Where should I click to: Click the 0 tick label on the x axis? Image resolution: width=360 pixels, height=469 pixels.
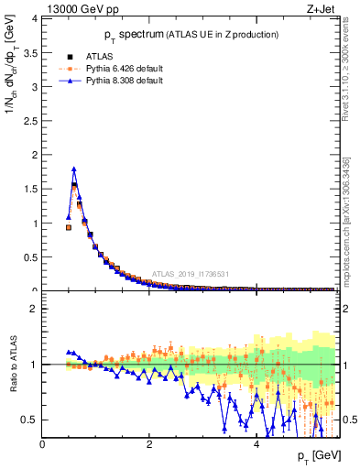43,443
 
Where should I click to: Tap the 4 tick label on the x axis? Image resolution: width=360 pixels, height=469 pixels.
256,443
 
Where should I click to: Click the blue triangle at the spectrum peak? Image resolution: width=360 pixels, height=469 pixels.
73,169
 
